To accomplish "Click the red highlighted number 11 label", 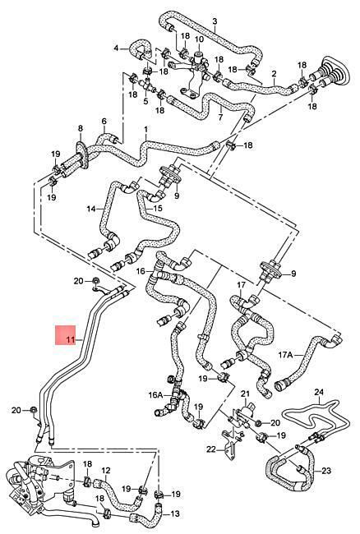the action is tap(71, 340).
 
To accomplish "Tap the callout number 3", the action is tap(215, 21).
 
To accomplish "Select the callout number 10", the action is tap(199, 39).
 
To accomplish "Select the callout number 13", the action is tap(175, 514).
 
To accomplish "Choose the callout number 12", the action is tap(106, 471).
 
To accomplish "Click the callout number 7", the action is tap(220, 118).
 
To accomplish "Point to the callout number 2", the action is tap(274, 73).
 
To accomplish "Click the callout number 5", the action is tap(145, 101).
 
